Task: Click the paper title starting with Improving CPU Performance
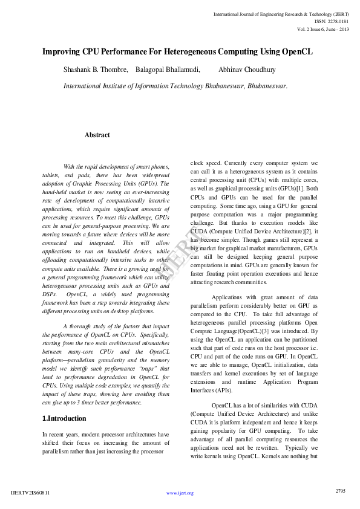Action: pyautogui.click(x=177, y=52)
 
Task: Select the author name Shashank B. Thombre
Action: pyautogui.click(x=96, y=70)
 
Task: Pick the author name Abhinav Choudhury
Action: pyautogui.click(x=247, y=70)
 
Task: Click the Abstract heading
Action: pyautogui.click(x=97, y=135)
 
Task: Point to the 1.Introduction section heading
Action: pyautogui.click(x=64, y=418)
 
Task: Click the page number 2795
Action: pyautogui.click(x=341, y=491)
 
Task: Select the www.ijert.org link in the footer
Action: pyautogui.click(x=180, y=493)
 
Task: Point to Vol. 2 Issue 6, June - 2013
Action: pyautogui.click(x=323, y=28)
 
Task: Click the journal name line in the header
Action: pyautogui.click(x=281, y=13)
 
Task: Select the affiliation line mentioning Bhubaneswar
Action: pyautogui.click(x=175, y=86)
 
